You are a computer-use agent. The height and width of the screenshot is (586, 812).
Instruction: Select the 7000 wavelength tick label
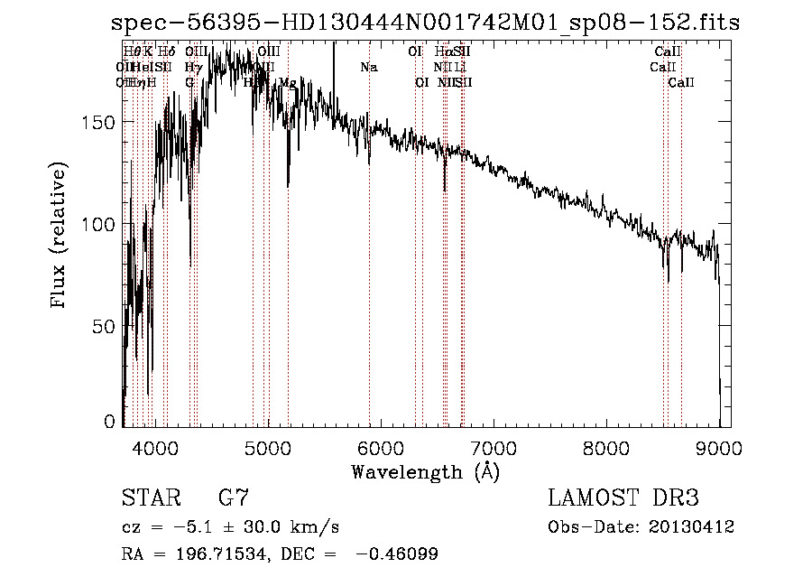click(494, 447)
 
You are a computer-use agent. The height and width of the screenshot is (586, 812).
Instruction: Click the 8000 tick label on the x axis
click(606, 447)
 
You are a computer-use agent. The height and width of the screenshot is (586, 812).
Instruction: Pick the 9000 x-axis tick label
click(719, 447)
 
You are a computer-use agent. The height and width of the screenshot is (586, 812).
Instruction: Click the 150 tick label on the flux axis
click(98, 123)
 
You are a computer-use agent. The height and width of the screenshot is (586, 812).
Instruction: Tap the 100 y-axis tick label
click(98, 224)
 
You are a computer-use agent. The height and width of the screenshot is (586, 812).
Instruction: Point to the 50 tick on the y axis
click(104, 326)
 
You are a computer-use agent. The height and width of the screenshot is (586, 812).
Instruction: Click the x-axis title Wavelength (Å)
click(425, 471)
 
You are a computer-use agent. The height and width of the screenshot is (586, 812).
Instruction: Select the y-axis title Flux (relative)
click(60, 237)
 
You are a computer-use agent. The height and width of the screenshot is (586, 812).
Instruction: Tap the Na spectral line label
click(369, 68)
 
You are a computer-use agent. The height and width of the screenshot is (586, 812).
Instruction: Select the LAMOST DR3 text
click(623, 498)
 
